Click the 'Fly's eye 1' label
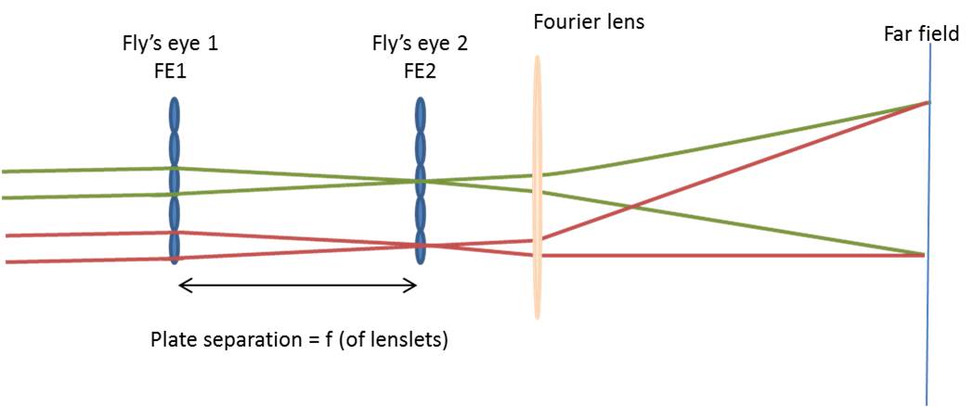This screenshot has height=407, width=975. point(175,44)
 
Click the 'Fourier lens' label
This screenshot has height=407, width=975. point(589,20)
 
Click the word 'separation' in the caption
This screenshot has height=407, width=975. point(243,339)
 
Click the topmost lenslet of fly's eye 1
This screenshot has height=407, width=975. point(175,115)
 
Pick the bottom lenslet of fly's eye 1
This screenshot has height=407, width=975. point(175,248)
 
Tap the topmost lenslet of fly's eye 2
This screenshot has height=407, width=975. point(421,115)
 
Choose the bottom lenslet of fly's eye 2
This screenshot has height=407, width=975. point(421,248)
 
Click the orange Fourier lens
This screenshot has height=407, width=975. point(537,185)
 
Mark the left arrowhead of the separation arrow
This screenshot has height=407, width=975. point(182,286)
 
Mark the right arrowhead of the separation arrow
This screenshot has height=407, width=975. point(412,286)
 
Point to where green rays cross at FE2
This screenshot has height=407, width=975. point(421,181)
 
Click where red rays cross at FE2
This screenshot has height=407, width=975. point(421,246)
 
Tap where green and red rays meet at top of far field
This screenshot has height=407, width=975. point(927,102)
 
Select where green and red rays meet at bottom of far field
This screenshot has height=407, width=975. point(925,254)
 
